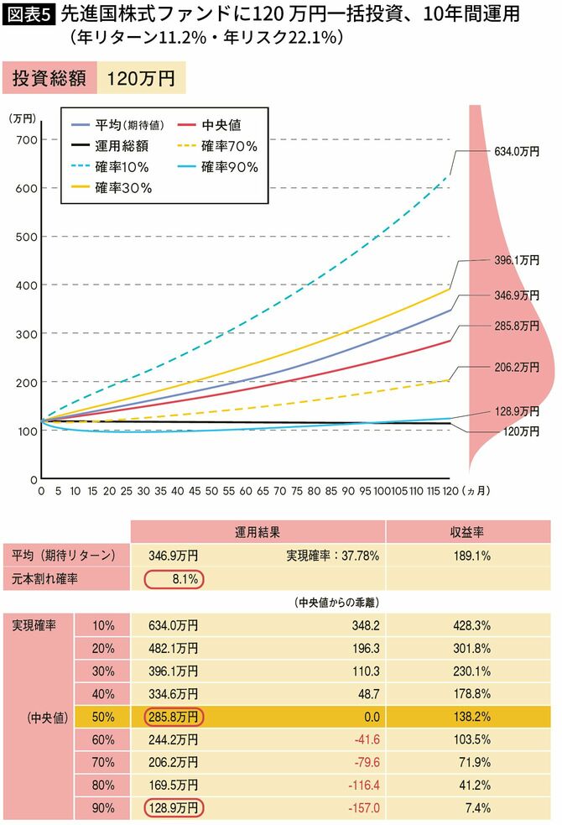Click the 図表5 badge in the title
pos(28,15)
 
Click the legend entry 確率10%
pos(122,167)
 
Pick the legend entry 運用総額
pos(122,146)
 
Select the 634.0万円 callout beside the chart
pos(513,152)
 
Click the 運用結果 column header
pos(258,532)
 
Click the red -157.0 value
pos(365,807)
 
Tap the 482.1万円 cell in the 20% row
pos(174,649)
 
